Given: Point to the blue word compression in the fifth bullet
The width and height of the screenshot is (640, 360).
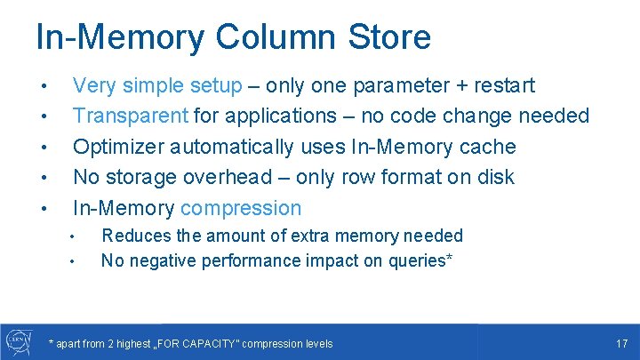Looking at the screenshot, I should [x=241, y=208].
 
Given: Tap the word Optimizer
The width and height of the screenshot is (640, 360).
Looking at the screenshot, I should [x=119, y=147].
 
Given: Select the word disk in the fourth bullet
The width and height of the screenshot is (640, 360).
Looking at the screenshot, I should [x=494, y=177].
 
